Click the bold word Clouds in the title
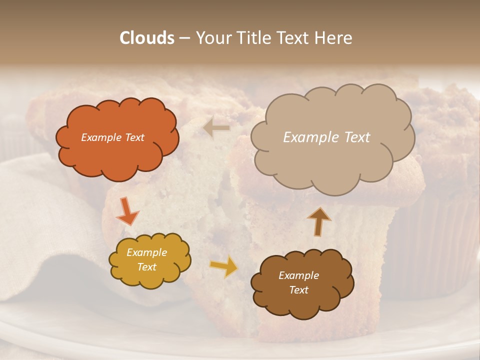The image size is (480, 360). [x=147, y=38]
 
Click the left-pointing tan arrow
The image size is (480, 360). [x=216, y=128]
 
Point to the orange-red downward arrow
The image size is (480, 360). [x=127, y=210]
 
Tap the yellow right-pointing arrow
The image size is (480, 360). [x=224, y=266]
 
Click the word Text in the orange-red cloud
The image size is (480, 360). [x=134, y=137]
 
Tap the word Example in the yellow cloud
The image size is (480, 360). [x=147, y=252]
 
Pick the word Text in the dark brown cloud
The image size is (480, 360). [x=298, y=290]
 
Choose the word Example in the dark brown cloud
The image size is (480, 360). [x=298, y=275]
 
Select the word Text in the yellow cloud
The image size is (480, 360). [x=147, y=267]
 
